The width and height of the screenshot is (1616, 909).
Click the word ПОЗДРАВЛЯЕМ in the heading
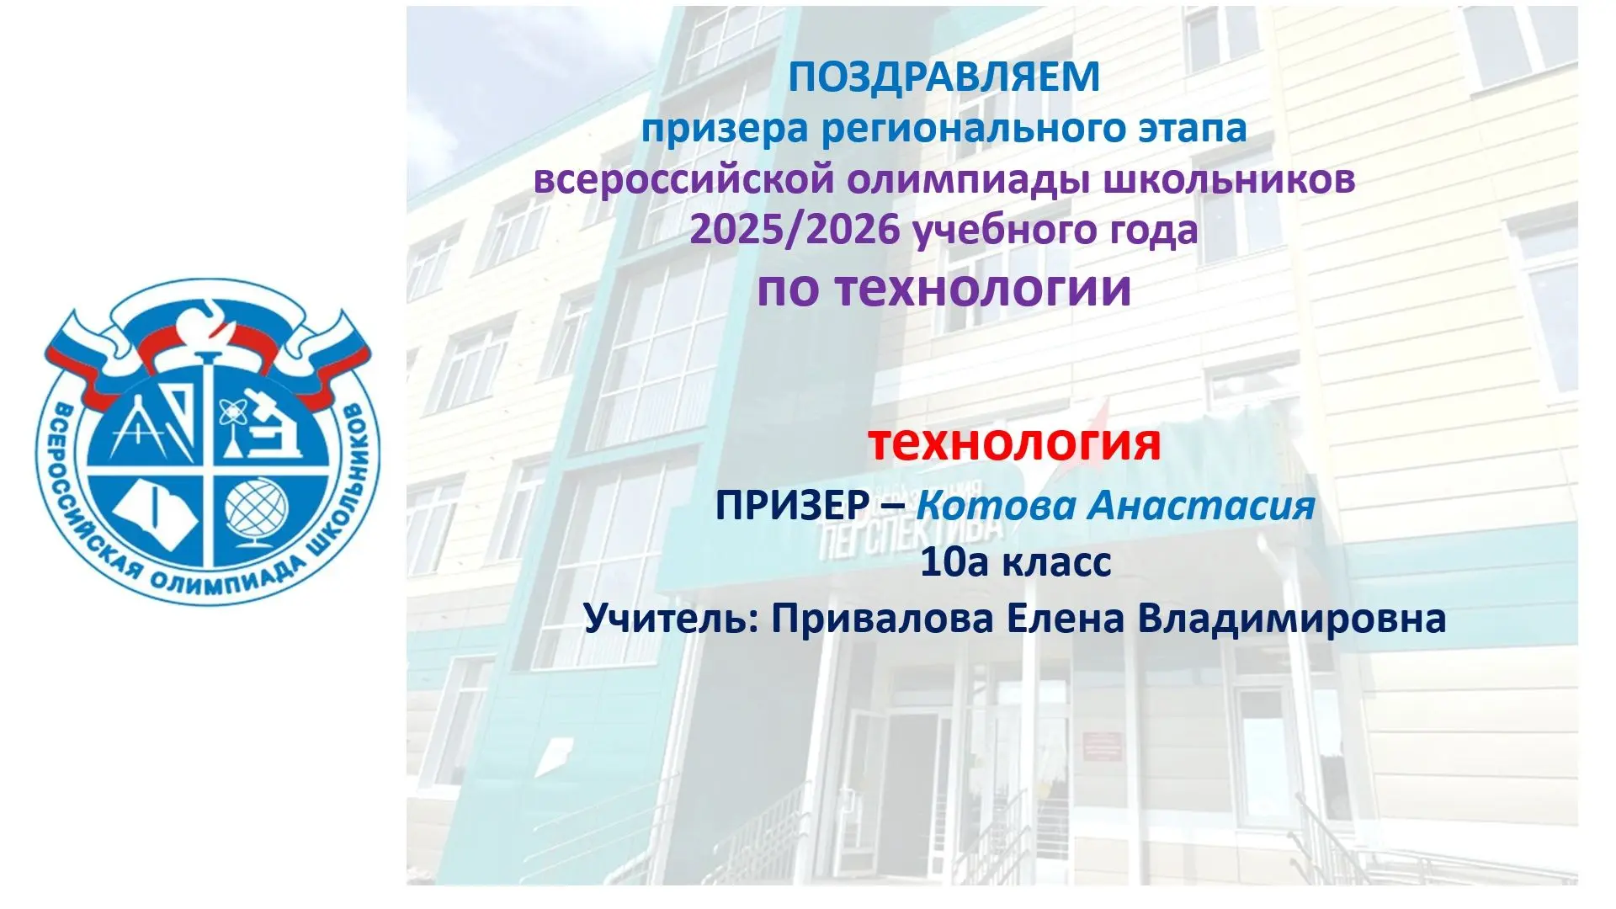point(944,77)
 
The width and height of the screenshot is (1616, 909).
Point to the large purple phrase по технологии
point(944,288)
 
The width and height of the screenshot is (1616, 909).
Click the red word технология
point(1014,443)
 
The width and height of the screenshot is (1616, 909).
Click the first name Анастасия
point(1202,505)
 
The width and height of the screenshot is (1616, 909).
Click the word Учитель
point(672,619)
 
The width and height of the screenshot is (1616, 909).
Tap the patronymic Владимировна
point(1292,619)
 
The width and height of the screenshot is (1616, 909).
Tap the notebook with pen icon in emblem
point(155,512)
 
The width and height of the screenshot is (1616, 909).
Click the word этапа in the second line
point(1179,130)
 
